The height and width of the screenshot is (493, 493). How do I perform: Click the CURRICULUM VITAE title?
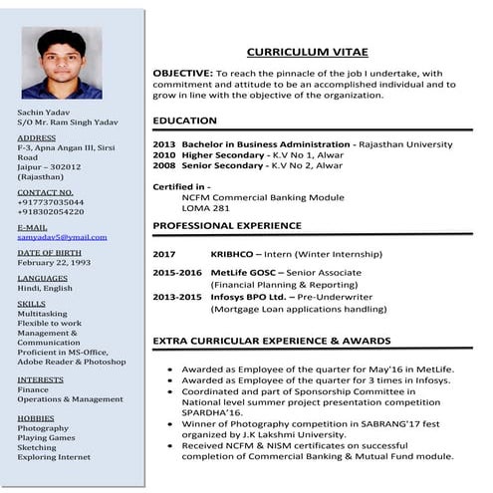click(307, 52)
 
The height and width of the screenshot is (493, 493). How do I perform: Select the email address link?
click(62, 237)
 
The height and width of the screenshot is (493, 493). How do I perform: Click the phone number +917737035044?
click(51, 202)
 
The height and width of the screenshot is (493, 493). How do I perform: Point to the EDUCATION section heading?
click(184, 121)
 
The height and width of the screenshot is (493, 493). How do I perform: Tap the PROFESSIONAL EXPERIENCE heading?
click(227, 226)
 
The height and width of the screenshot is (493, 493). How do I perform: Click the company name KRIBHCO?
click(237, 254)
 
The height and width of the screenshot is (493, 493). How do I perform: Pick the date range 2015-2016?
click(177, 272)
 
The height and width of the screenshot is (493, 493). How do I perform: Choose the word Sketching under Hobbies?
click(39, 447)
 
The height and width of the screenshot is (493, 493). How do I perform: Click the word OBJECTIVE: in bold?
click(182, 74)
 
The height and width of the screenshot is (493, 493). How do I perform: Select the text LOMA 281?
click(206, 208)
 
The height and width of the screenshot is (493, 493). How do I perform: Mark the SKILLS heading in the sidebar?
click(32, 303)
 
